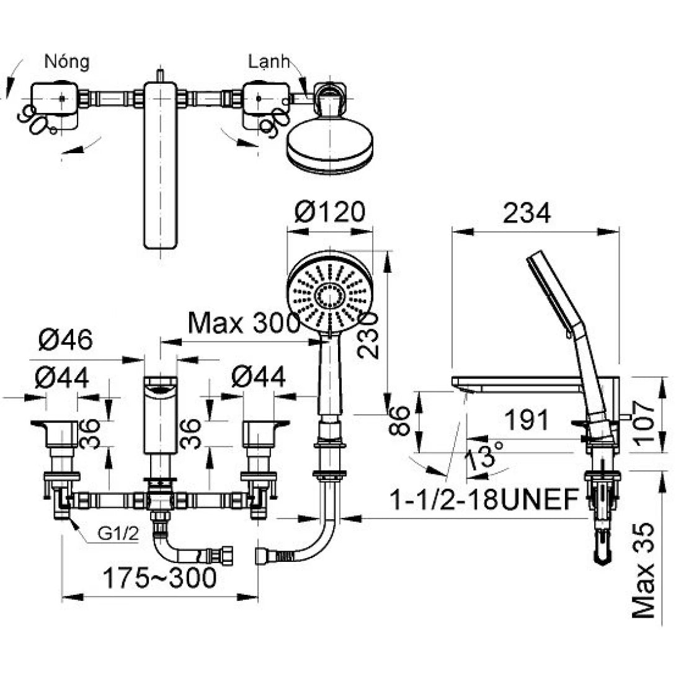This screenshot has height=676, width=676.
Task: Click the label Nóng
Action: [67, 62]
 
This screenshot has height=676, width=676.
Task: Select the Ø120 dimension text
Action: [330, 213]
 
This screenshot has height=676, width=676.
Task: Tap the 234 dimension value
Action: [527, 214]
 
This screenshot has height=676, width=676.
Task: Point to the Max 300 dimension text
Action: [244, 323]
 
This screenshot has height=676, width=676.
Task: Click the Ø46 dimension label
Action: [66, 339]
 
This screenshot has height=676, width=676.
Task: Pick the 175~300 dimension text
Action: [159, 579]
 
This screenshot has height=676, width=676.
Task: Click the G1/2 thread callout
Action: [118, 535]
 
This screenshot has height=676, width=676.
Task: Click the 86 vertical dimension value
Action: [401, 421]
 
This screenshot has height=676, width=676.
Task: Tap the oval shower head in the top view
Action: [329, 144]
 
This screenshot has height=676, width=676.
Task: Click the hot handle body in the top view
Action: [55, 99]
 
